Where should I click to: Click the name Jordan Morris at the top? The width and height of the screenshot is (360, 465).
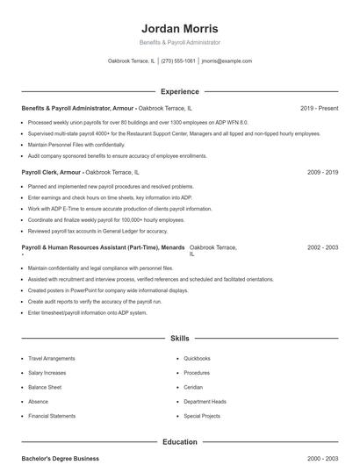[179, 29]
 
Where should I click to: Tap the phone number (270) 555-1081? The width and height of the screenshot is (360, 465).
[178, 61]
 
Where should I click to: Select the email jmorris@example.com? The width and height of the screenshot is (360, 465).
[227, 61]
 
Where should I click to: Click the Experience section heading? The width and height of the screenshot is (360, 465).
[179, 91]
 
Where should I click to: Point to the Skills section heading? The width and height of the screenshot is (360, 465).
[179, 338]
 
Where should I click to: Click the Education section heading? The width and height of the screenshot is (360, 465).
[179, 442]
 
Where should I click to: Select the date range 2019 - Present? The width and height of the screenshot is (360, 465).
[319, 108]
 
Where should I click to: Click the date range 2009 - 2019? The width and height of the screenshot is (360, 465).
[323, 173]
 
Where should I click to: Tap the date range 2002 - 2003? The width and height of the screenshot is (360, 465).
[323, 248]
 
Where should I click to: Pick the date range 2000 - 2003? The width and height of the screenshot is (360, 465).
[323, 459]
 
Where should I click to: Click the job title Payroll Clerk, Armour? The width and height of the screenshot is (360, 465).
[52, 173]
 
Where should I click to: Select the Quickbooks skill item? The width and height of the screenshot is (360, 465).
[197, 359]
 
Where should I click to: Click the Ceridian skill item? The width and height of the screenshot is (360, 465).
[193, 387]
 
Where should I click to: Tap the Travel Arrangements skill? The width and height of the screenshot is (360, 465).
[52, 359]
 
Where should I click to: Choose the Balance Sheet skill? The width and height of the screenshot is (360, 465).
[45, 387]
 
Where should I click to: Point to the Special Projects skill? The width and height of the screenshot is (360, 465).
[202, 416]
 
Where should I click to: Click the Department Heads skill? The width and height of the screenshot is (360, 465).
[205, 401]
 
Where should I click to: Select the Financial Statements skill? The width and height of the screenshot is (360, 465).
[52, 416]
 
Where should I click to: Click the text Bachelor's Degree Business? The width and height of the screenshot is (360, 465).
[60, 459]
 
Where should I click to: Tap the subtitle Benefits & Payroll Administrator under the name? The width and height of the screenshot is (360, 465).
[179, 42]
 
